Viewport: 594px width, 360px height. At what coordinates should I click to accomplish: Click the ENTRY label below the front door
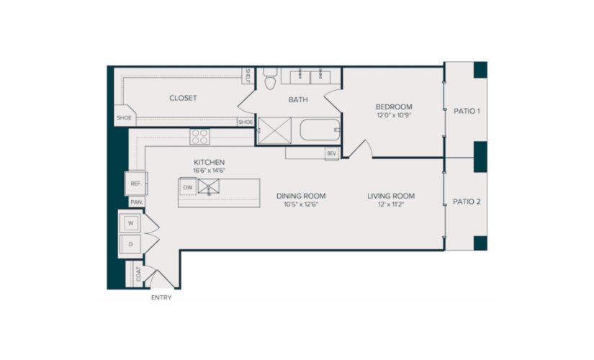coord(161,297)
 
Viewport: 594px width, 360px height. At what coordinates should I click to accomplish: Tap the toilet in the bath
coord(270,78)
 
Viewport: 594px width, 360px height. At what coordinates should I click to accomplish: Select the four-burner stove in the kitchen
coord(199,136)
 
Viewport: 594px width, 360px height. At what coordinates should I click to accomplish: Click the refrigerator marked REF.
coord(136,184)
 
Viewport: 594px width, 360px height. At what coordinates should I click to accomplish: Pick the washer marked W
coord(130,222)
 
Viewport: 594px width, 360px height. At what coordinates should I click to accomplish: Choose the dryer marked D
coord(130,244)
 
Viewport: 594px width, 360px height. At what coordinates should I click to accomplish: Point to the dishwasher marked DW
coord(188,187)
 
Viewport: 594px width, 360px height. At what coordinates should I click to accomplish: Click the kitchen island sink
coord(208,186)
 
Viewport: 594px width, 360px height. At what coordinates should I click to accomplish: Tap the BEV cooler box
coord(331,153)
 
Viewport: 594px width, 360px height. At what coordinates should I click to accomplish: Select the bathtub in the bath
coord(320,130)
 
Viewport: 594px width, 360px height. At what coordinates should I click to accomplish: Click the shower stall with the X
coord(274,131)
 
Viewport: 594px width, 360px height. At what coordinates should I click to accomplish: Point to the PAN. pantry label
coord(137,202)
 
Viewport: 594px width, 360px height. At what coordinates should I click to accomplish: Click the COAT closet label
coord(138,274)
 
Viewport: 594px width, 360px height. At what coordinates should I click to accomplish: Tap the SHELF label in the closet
coord(248,76)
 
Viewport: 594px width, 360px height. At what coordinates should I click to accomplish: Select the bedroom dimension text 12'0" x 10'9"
coord(394,115)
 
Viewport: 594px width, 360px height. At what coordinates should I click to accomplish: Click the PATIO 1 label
coord(467,111)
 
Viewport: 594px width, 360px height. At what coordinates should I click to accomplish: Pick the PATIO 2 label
coord(467,202)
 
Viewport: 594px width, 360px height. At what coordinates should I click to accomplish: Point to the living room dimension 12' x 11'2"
coord(391,204)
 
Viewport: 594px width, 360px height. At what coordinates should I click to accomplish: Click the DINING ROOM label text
coord(301,196)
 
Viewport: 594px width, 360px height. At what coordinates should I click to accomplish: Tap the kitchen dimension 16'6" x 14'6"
coord(209,171)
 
